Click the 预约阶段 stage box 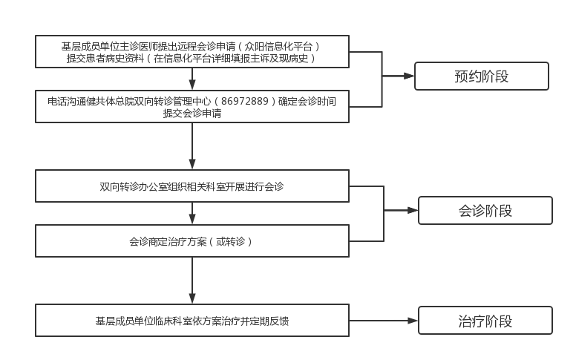481,76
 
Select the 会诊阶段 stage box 485,211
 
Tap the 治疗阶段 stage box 485,321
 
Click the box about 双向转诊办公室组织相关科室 192,186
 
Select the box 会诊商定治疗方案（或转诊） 192,242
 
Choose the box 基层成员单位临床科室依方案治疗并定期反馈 192,321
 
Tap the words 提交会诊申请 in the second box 192,114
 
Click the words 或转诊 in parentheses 230,242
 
